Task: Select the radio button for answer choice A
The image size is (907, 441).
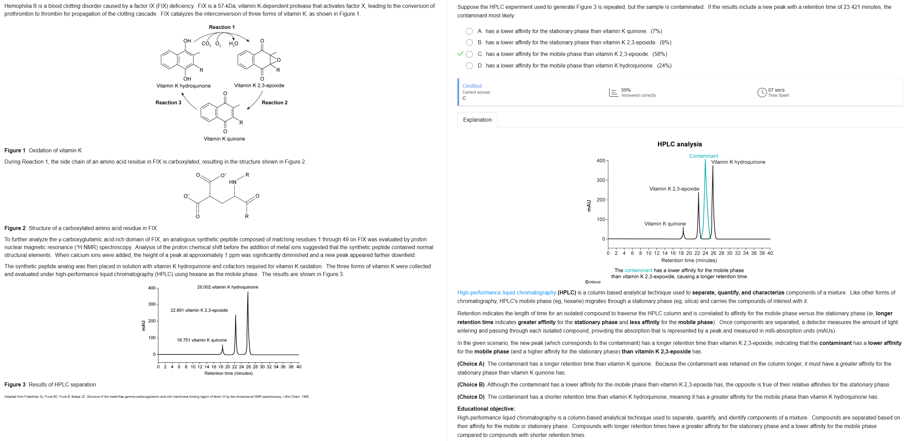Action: coord(469,31)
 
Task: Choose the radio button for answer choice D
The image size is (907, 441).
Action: coord(469,66)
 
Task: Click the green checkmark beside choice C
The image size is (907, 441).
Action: coord(460,54)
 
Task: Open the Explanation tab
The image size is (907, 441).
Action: coord(477,120)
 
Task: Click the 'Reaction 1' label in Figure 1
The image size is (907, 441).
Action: coord(221,27)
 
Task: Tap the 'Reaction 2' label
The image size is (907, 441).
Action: coord(274,103)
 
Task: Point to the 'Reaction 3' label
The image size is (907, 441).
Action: coord(168,103)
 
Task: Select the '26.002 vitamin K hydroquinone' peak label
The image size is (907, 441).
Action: coord(228,287)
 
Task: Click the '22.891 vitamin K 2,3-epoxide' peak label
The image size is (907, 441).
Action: coord(199,310)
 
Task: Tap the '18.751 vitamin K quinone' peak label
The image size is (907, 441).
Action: coord(201,340)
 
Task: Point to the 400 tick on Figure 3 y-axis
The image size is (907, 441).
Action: coord(152,288)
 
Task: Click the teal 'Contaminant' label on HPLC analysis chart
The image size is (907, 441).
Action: coord(703,156)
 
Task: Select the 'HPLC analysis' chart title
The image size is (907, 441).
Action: coord(679,144)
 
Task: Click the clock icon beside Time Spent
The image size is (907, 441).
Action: coord(762,92)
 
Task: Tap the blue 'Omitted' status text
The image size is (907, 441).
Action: coord(471,86)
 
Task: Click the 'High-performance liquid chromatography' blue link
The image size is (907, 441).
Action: coord(506,293)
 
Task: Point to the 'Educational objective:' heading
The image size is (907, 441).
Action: coord(486,409)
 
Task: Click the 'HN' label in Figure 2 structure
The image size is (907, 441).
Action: coord(233,182)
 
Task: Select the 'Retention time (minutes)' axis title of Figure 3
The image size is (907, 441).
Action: coord(228,374)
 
